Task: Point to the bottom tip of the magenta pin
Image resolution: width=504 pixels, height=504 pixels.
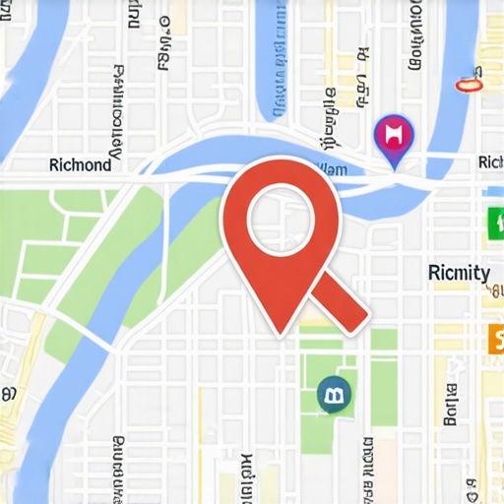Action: [x=396, y=168]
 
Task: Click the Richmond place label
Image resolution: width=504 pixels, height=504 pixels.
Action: [x=80, y=165]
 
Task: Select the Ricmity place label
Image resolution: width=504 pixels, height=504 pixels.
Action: [x=460, y=273]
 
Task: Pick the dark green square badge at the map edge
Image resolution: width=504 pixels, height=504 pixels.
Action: [x=494, y=222]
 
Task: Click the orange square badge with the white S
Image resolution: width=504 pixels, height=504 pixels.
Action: [x=495, y=341]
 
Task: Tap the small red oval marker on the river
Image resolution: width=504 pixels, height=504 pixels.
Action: [x=471, y=85]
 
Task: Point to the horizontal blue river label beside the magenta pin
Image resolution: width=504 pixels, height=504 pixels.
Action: [x=329, y=170]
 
